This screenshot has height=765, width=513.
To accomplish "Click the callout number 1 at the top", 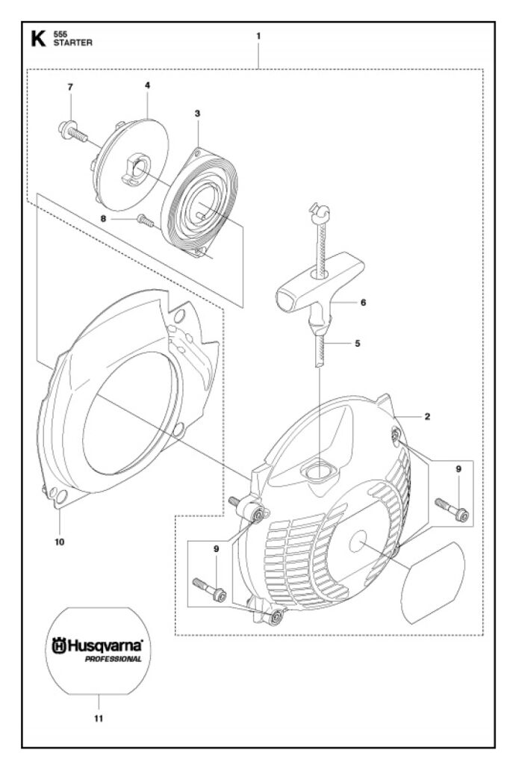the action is pyautogui.click(x=258, y=36).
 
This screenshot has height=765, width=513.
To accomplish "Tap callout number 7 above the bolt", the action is pyautogui.click(x=70, y=87).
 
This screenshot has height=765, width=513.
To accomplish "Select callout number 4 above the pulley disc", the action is pyautogui.click(x=147, y=85).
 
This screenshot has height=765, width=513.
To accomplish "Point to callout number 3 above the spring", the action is pyautogui.click(x=197, y=114).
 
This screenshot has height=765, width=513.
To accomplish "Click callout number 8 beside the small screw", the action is pyautogui.click(x=103, y=219).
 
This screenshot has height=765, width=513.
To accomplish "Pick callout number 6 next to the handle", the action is pyautogui.click(x=364, y=303).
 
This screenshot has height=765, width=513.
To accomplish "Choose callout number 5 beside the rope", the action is pyautogui.click(x=358, y=344).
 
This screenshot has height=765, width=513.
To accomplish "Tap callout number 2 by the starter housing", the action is pyautogui.click(x=427, y=416).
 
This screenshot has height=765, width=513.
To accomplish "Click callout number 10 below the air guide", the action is pyautogui.click(x=60, y=542).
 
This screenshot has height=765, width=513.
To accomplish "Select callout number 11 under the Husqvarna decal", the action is pyautogui.click(x=99, y=719).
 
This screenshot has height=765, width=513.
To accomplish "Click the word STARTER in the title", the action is pyautogui.click(x=72, y=43).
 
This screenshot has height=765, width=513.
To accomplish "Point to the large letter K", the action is pyautogui.click(x=38, y=39).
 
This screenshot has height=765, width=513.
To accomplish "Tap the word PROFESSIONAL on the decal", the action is pyautogui.click(x=114, y=659).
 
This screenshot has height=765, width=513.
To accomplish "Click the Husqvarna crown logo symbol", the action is pyautogui.click(x=58, y=646).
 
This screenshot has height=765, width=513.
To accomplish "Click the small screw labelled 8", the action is pyautogui.click(x=145, y=220).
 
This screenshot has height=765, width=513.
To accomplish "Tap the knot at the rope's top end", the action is pyautogui.click(x=320, y=211).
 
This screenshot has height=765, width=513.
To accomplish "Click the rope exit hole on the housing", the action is pyautogui.click(x=319, y=471).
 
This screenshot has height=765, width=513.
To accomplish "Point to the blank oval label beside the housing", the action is pyautogui.click(x=432, y=581).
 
